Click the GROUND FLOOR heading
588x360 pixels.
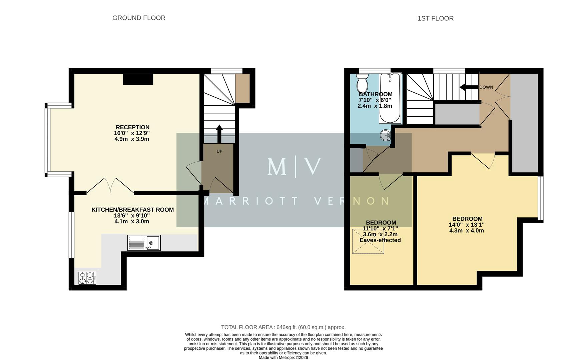[139, 18]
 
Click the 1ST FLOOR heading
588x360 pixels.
[435, 19]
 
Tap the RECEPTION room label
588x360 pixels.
[132, 127]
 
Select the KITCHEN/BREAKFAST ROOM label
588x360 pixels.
[132, 210]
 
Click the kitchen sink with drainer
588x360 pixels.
[144, 243]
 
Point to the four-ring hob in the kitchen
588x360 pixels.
[87, 278]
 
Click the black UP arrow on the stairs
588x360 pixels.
[219, 133]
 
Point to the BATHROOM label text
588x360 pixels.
[376, 94]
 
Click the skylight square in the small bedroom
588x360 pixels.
[368, 241]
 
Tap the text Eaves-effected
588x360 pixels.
[380, 240]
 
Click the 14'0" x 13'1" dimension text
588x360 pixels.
[466, 225]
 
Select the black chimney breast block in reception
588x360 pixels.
[138, 79]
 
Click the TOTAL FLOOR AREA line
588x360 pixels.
[283, 327]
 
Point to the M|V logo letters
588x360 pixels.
[294, 167]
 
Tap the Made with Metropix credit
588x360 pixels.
[283, 357]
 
